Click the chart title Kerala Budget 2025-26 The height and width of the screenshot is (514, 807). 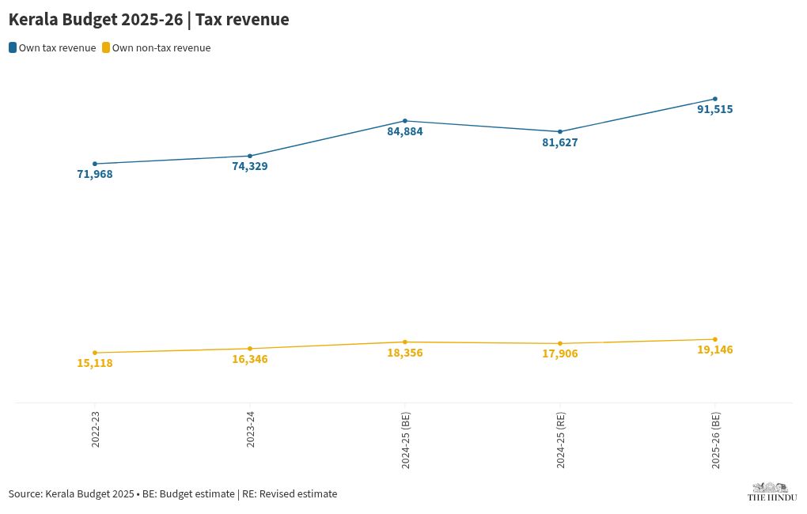coord(149,20)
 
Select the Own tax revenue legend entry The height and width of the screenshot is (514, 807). coord(52,48)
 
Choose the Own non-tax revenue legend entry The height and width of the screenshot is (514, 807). coord(155,48)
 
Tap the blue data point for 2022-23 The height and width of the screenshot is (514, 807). coord(95,164)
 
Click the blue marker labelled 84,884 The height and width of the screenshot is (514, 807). coord(405,121)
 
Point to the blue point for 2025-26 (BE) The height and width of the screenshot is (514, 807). coord(715,99)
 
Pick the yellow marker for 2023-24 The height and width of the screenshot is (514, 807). coord(250,349)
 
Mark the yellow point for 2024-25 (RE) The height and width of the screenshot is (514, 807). coord(560,344)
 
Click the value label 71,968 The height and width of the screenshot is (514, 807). coord(95,174)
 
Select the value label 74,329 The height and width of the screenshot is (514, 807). coord(250,166)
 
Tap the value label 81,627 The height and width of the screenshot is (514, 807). coord(560,142)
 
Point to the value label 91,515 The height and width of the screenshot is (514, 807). coord(715,109)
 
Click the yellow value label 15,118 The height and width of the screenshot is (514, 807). coord(95,363)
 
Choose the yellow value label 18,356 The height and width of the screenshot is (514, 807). coord(405,353)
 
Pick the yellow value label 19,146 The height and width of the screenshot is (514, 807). coord(715,350)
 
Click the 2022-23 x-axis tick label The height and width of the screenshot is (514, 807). coord(95,429)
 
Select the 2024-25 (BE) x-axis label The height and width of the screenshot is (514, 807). coord(405,440)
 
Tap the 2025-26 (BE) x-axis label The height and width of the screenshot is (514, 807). coord(715,440)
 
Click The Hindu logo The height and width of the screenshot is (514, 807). coord(771,492)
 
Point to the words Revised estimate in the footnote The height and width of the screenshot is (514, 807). coord(305,494)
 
